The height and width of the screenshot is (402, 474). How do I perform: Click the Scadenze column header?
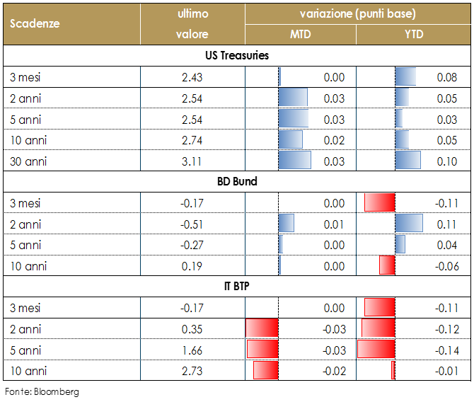click(35, 23)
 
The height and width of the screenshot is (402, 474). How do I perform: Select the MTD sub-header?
click(300, 33)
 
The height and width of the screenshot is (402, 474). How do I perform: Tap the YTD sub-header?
click(413, 33)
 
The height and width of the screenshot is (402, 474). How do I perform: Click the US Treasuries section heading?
click(236, 55)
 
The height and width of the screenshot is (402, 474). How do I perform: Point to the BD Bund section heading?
click(236, 181)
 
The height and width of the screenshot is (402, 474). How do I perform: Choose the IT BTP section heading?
click(236, 287)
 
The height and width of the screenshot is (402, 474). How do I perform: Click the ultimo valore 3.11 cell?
click(192, 161)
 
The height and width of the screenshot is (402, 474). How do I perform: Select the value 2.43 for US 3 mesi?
click(192, 77)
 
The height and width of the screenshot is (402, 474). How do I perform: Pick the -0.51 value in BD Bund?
click(192, 224)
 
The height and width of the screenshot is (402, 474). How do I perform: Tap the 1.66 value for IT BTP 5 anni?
click(192, 350)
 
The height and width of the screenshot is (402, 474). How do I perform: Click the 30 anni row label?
click(28, 161)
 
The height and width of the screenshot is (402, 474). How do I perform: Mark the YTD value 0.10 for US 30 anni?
click(446, 161)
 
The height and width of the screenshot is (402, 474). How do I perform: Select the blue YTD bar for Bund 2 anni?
click(409, 224)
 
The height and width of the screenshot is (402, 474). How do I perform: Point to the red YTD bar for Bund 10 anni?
click(387, 265)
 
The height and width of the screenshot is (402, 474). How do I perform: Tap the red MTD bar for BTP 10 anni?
click(266, 371)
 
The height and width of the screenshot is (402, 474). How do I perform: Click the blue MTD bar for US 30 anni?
click(295, 161)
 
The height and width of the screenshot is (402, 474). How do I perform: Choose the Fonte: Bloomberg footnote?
click(42, 391)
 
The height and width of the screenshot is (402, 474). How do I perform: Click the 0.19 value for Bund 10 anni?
click(192, 266)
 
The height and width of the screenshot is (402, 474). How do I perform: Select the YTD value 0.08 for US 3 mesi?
click(446, 77)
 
